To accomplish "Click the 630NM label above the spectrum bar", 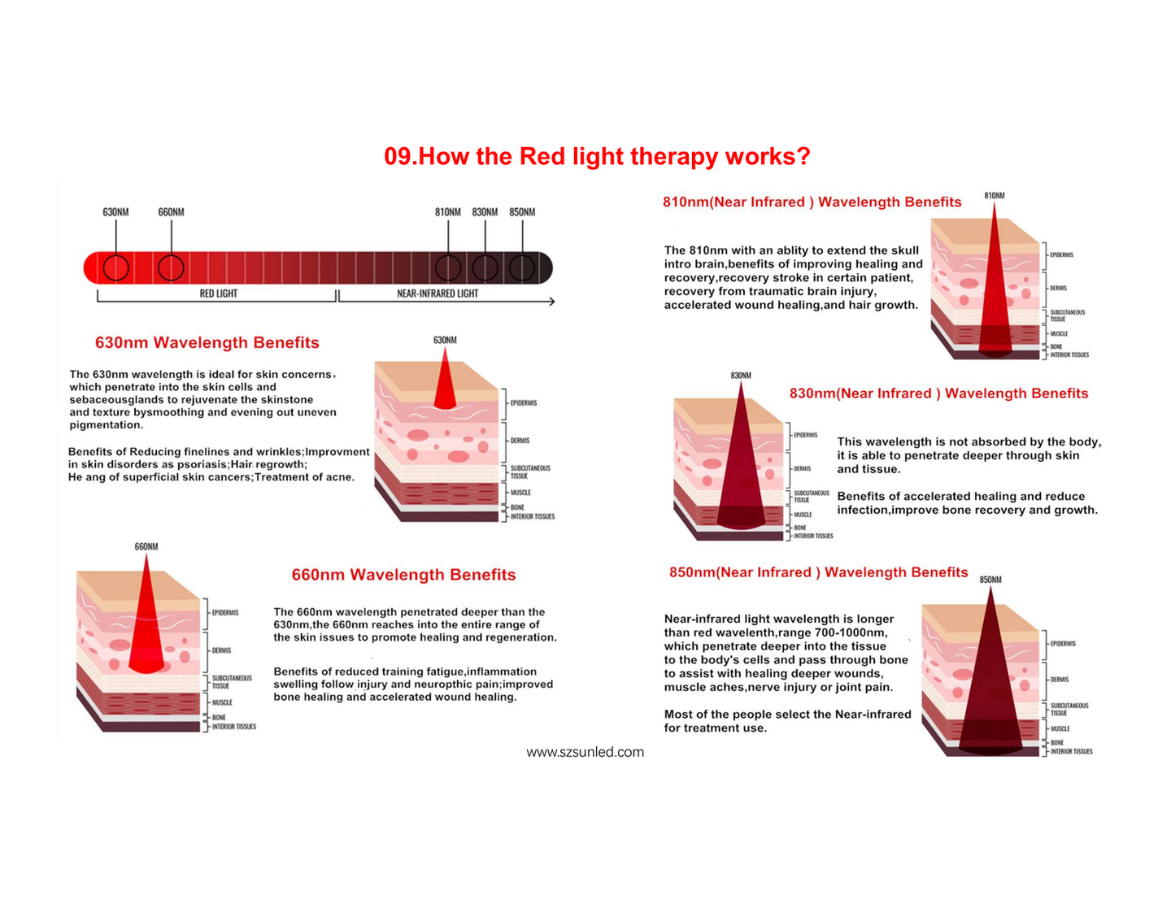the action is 115,211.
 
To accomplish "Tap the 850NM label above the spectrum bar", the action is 521,211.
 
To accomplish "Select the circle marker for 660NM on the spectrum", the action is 171,267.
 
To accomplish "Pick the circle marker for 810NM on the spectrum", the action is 448,267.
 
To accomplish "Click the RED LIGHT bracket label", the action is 218,293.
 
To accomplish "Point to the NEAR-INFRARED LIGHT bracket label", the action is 437,293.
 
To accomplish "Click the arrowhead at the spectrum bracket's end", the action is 552,301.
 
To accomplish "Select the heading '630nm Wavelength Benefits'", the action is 207,342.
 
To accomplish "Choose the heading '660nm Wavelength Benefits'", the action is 403,574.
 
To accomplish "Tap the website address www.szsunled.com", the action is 585,751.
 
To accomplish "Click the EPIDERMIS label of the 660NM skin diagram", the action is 225,612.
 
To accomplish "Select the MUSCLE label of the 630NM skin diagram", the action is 520,493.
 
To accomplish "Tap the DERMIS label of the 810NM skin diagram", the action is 1058,288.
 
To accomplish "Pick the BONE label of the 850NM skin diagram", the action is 1057,742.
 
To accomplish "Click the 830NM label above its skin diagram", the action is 741,375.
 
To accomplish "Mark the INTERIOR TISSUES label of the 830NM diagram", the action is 813,536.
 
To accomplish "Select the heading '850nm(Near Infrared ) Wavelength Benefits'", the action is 818,572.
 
